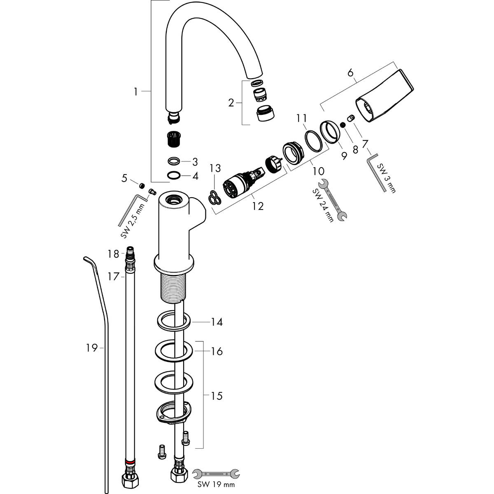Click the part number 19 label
pos(91,349)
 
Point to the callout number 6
pos(351,73)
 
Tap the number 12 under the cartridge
pos(258,206)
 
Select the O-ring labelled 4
pos(174,175)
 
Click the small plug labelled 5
pos(142,186)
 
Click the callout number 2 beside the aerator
pos(231,103)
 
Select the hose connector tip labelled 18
pos(130,252)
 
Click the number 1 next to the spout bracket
pos(136,92)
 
